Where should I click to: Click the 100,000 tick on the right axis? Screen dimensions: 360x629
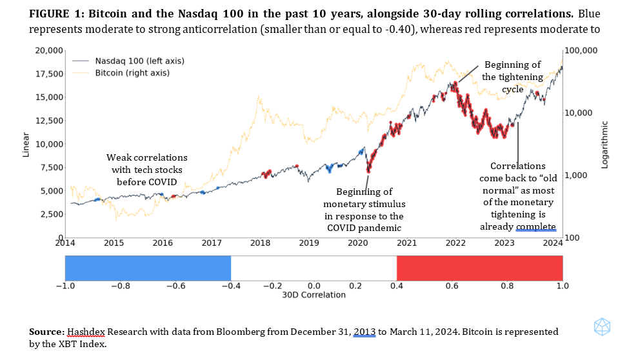(x=581, y=51)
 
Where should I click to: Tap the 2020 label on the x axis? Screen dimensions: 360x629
(x=357, y=244)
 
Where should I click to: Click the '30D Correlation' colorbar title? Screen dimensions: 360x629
(x=314, y=295)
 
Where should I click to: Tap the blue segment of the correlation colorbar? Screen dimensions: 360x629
(x=148, y=267)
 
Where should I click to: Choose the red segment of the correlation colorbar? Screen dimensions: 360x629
(x=479, y=267)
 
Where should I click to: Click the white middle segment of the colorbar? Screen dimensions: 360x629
(x=314, y=267)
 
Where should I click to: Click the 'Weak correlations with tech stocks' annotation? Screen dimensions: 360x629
(x=147, y=164)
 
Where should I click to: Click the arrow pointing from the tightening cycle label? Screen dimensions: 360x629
(x=467, y=74)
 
